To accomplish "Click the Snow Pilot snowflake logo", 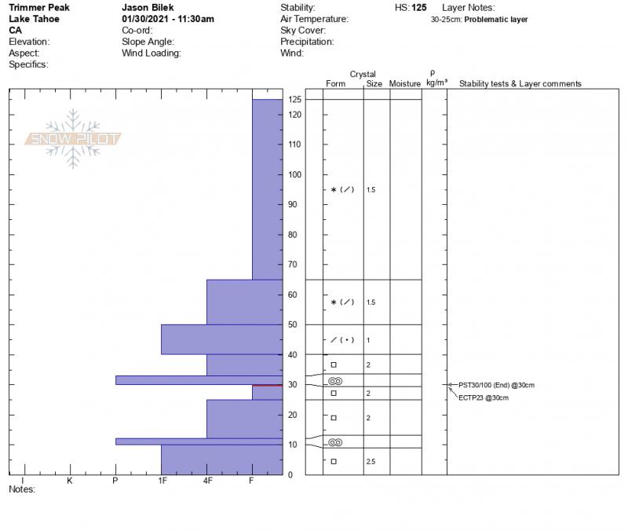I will click(x=73, y=139).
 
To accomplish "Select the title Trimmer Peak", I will click(x=38, y=8).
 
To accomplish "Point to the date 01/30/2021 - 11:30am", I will click(x=168, y=19).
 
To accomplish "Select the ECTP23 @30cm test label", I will click(x=483, y=398).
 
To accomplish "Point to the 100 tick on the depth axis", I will click(x=294, y=174).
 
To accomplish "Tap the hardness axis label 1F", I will click(x=162, y=481).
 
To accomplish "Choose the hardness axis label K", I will click(x=69, y=481).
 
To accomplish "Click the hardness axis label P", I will click(x=115, y=481).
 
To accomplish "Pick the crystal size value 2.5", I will click(x=371, y=462).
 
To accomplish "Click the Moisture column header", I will click(x=405, y=84).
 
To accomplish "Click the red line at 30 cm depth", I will click(x=267, y=385).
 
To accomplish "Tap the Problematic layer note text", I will click(x=496, y=20).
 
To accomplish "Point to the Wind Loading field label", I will click(x=152, y=53).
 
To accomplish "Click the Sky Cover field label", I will click(x=302, y=31).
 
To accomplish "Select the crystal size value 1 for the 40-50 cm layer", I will click(x=368, y=340).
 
